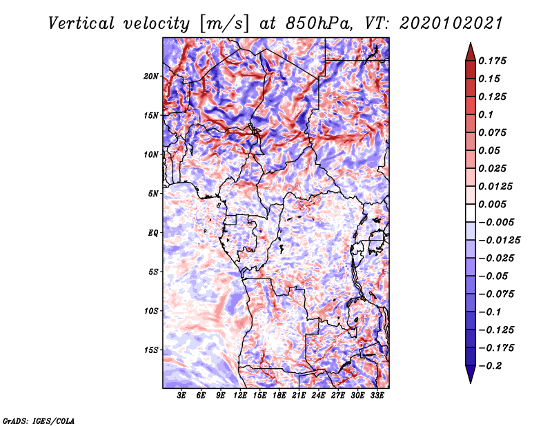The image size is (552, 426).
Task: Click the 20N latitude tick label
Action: coord(151,77)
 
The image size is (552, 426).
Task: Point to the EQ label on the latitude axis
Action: coord(153,233)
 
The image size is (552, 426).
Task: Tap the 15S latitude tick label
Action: coord(151,350)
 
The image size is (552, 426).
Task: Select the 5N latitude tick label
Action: coord(153,194)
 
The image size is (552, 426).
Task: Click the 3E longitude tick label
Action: coord(181,395)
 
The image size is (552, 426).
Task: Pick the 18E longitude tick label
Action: coord(279,395)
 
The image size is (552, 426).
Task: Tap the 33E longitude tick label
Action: coord(377,395)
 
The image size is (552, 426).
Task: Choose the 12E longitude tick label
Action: coord(240,395)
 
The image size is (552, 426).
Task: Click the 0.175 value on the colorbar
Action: coord(492,61)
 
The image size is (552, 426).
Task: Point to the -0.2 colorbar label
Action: coord(491,366)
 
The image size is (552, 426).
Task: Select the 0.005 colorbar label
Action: coord(492,204)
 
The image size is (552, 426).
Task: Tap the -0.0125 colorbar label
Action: coord(499,241)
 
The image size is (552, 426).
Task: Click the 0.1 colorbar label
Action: coord(486,114)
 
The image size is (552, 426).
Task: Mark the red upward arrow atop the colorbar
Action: coord(471,52)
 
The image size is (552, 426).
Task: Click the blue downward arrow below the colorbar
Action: coord(471,374)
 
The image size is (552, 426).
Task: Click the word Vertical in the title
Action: coord(81,23)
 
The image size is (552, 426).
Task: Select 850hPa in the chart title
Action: coord(319,23)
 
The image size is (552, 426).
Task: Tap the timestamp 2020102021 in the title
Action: coord(451,23)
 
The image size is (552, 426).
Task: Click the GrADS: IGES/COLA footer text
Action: coord(39,421)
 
